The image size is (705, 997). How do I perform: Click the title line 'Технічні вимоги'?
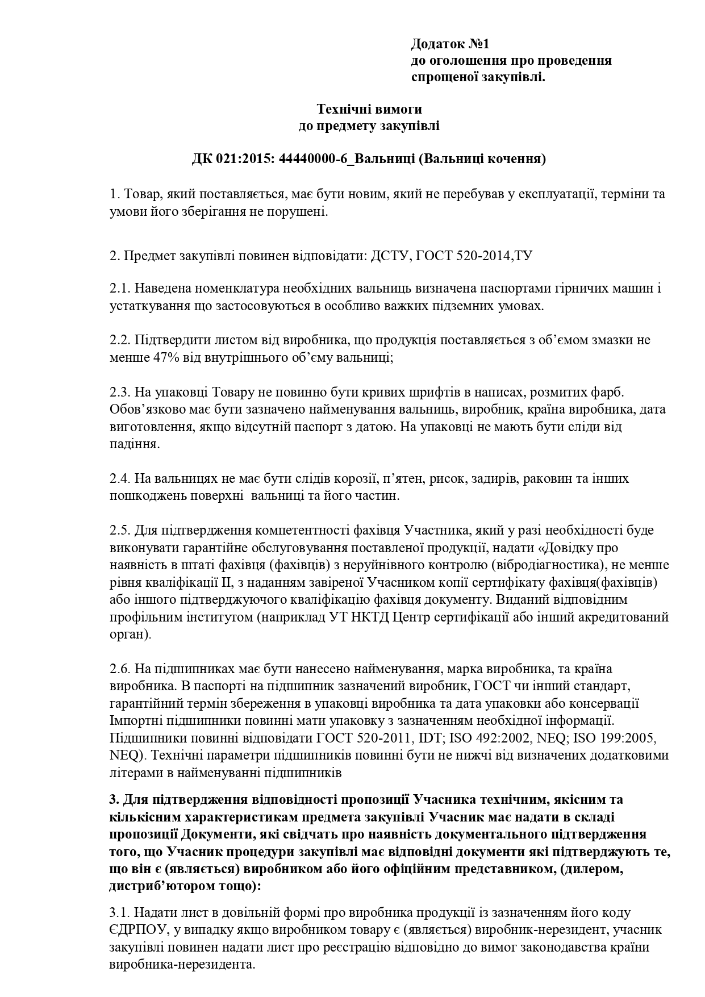pos(369,109)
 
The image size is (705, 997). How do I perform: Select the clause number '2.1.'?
pos(120,289)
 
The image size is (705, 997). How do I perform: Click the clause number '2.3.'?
pos(120,393)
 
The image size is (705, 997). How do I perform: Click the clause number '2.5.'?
pos(120,531)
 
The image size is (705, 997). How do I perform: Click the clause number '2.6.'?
pos(120,669)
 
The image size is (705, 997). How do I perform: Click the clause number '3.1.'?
pos(120,913)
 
